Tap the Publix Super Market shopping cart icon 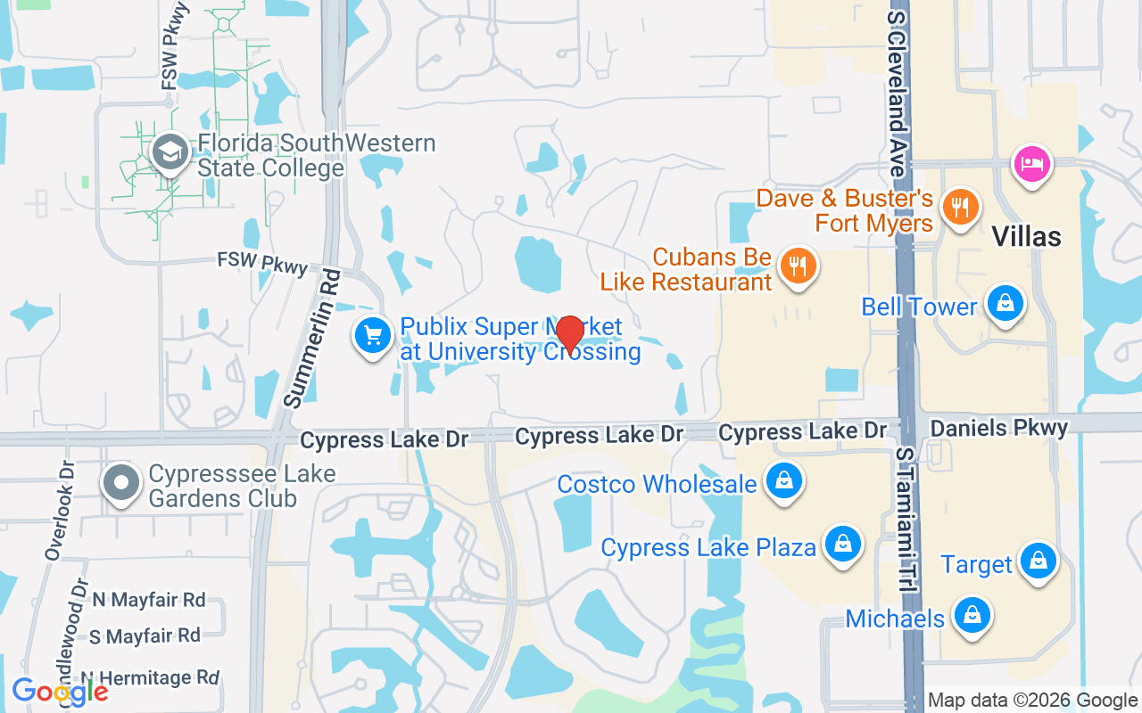[373, 336]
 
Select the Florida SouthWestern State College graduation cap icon [169, 153]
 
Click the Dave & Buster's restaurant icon [960, 207]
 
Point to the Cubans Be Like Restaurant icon [798, 266]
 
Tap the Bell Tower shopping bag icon [1005, 304]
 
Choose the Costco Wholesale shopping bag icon [783, 481]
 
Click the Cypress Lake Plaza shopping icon [841, 543]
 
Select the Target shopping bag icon [1039, 561]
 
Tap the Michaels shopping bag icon [971, 616]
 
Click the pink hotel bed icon [1032, 164]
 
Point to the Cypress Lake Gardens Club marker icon [120, 484]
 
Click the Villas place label [1027, 236]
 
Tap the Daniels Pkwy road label [998, 429]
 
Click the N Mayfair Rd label [149, 600]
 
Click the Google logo [60, 691]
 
